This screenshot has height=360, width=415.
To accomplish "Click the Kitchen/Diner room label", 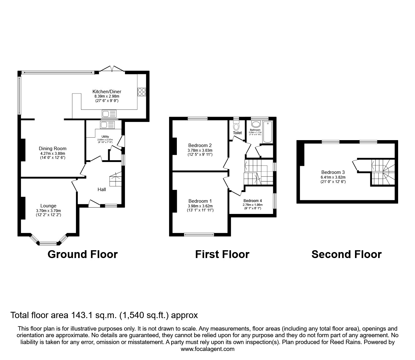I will point(107,92).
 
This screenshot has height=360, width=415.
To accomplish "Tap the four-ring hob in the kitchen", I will point(141,92).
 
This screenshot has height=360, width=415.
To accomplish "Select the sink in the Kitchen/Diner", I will point(109,114).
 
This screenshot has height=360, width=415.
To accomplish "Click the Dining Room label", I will point(52,149).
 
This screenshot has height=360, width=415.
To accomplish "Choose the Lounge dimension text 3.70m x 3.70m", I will point(48,210).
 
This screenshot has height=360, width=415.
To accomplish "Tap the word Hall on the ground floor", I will point(102,189).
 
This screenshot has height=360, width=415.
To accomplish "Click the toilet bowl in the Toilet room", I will point(236,126).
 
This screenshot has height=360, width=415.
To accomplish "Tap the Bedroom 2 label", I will point(200,145).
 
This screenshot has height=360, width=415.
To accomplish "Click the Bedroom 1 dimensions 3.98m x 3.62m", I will point(200,206).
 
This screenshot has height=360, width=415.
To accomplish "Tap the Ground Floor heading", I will point(82,254).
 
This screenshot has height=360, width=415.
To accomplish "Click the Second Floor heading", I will point(346,254).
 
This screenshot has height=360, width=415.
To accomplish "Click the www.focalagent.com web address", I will point(207,349).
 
